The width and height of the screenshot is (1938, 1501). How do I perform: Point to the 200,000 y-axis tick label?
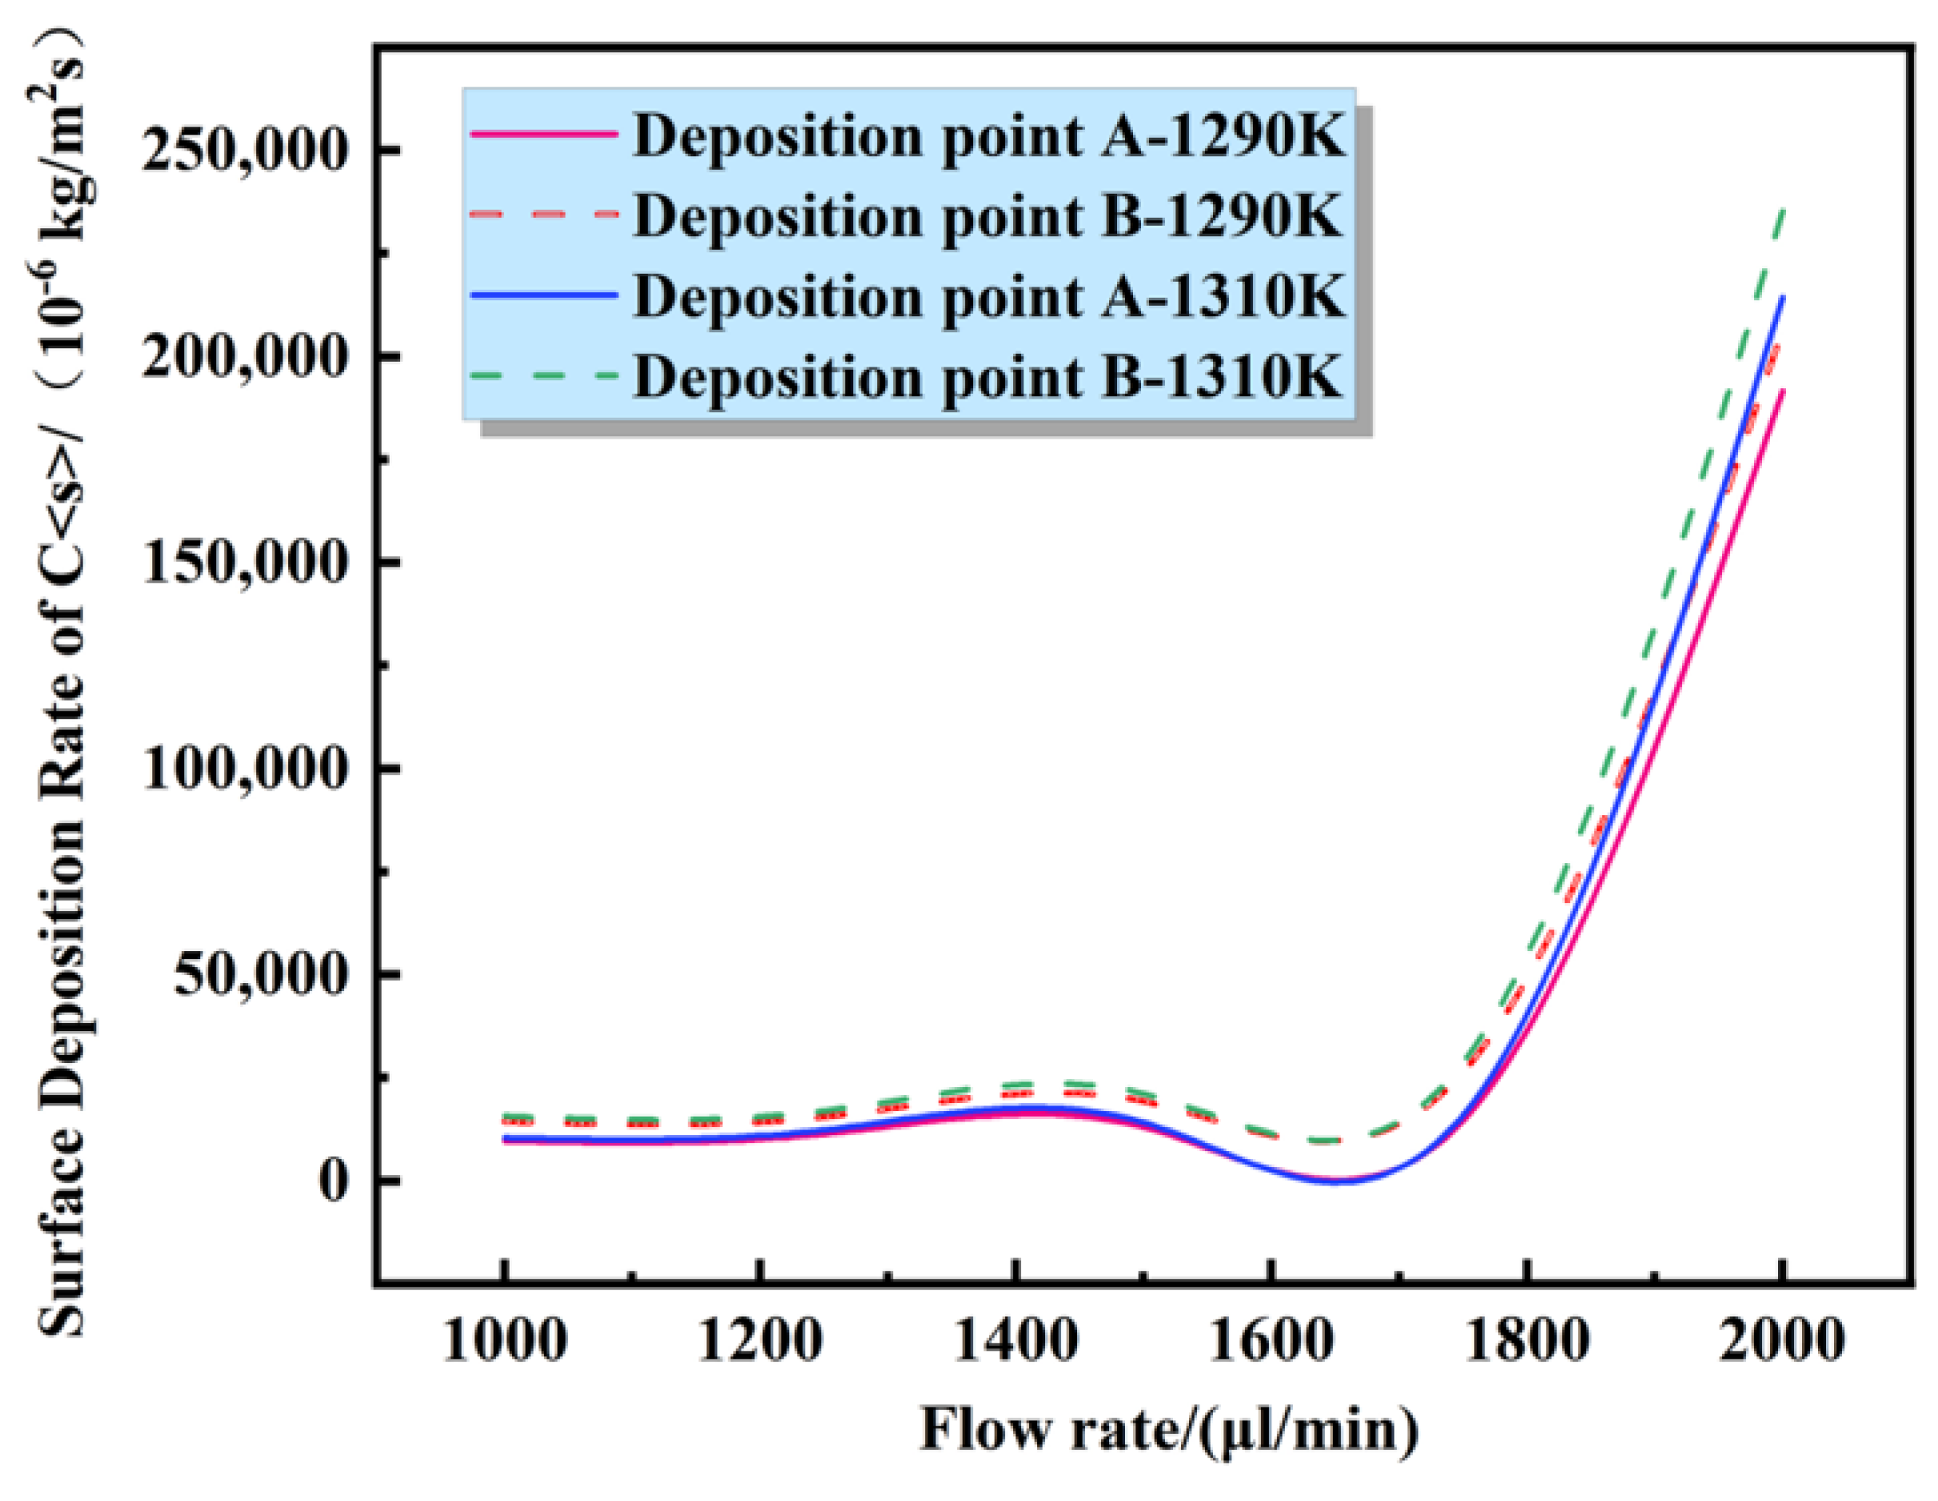coord(242,358)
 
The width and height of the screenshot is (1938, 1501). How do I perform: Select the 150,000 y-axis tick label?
coord(242,563)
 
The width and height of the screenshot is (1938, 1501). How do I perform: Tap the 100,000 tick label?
coord(242,769)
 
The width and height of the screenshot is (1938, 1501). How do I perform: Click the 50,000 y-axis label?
coord(258,974)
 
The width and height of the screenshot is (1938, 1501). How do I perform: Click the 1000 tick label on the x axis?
coord(504,1341)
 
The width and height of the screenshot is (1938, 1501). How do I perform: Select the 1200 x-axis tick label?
coord(759,1341)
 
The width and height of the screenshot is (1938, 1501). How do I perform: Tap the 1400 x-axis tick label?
coord(1015,1341)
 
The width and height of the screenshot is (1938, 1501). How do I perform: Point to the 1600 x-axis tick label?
coord(1271,1341)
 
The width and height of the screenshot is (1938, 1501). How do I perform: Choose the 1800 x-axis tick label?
coord(1526,1341)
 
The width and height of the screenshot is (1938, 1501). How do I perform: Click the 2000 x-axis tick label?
coord(1782,1341)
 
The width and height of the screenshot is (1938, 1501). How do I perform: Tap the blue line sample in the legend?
coord(544,295)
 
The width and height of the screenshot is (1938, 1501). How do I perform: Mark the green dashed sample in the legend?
coord(544,376)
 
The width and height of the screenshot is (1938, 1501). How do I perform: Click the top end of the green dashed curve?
coord(1782,211)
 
